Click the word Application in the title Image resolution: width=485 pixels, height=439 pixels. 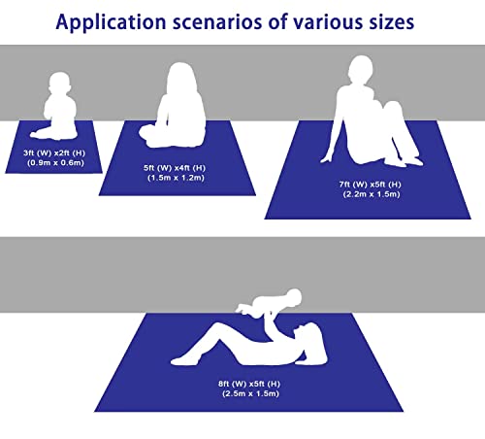click(x=111, y=22)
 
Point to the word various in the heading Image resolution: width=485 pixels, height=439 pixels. click(x=328, y=22)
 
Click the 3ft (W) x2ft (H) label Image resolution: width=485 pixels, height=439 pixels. click(x=54, y=152)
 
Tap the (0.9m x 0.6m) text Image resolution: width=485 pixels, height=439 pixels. click(x=56, y=162)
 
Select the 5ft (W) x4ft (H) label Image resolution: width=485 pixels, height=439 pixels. click(x=175, y=168)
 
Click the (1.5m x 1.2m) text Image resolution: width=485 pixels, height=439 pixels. click(x=177, y=178)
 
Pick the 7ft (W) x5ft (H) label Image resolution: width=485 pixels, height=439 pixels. click(x=371, y=185)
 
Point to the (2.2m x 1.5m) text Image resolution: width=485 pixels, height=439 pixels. click(x=372, y=194)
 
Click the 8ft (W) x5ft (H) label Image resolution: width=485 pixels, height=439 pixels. click(x=249, y=384)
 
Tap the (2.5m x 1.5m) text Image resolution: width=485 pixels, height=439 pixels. click(x=251, y=393)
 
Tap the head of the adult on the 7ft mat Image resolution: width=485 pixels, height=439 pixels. click(x=361, y=70)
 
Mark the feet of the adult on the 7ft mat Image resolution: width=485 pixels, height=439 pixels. click(x=405, y=161)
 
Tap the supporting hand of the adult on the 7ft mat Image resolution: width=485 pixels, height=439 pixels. click(x=327, y=159)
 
